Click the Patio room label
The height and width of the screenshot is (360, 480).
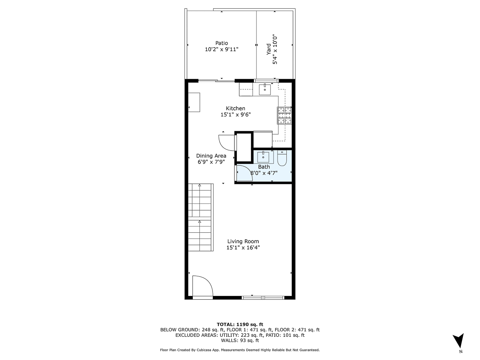(x=222, y=43)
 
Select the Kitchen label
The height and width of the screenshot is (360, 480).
(x=236, y=108)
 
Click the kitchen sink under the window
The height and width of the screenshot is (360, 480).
(x=265, y=90)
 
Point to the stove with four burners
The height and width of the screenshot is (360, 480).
(x=284, y=115)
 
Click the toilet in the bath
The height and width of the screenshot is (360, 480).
(x=282, y=158)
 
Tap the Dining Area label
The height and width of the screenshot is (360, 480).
(x=211, y=156)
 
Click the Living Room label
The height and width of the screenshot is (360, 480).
(x=243, y=241)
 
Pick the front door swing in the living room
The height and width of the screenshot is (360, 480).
(x=202, y=286)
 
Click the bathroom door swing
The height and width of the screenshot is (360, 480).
(x=242, y=172)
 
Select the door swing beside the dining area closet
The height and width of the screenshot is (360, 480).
(x=226, y=142)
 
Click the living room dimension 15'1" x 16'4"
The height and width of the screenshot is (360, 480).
(x=243, y=248)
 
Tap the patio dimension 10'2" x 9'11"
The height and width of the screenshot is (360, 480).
(x=222, y=50)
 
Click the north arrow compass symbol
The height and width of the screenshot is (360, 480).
(x=460, y=340)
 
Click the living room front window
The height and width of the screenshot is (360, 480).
(x=263, y=297)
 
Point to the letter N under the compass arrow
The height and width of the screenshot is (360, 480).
(x=460, y=352)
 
